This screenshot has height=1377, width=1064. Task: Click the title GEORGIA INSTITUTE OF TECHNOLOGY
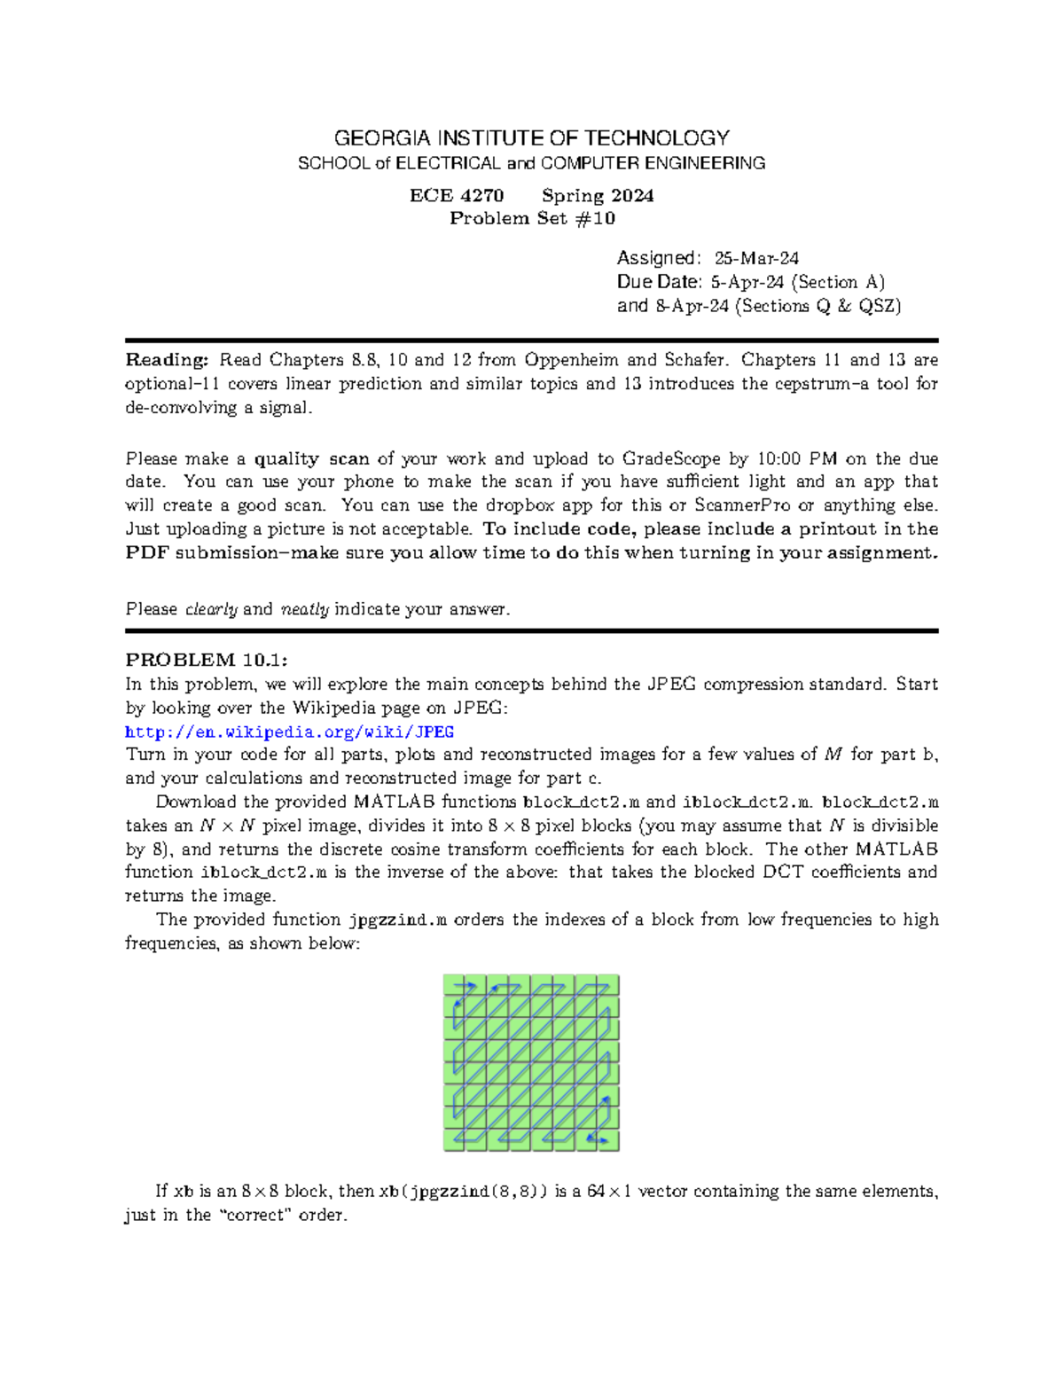coord(531,138)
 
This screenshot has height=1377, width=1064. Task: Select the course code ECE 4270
coord(456,196)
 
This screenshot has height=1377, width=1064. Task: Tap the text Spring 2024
coord(598,196)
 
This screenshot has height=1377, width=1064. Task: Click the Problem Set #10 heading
coord(532,219)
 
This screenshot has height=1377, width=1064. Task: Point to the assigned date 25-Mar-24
coord(756,258)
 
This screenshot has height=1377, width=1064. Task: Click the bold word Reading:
coord(167,360)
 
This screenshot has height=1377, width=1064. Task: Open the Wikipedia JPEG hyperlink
coord(289,732)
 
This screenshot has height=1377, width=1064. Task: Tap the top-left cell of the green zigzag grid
coord(455,986)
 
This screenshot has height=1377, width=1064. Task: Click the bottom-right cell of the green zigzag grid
coord(607,1140)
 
